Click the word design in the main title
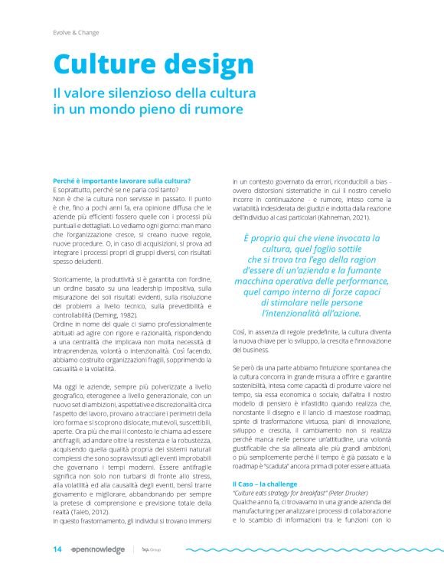coord(202,65)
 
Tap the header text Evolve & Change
coord(76,32)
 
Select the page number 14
coord(57,549)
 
